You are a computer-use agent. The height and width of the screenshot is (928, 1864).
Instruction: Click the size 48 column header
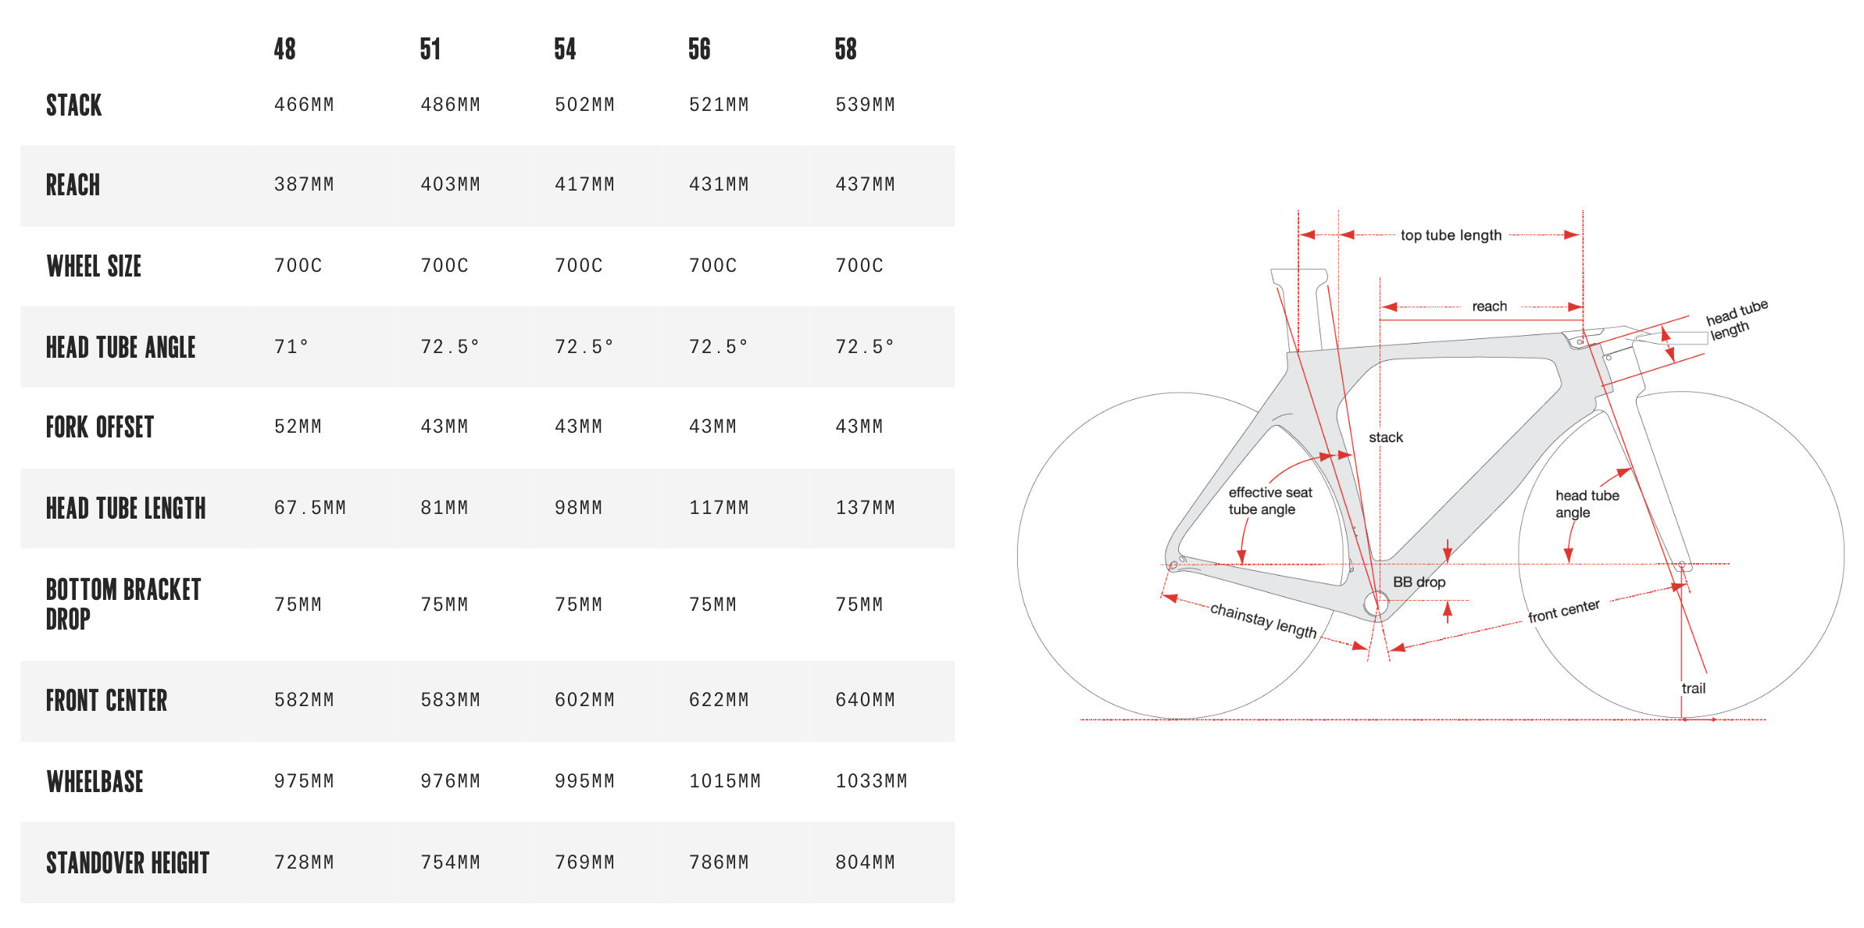coord(284,49)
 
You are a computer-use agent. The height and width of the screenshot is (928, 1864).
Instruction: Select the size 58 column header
coord(845,49)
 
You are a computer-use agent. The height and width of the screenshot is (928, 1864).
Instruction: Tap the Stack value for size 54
coord(584,105)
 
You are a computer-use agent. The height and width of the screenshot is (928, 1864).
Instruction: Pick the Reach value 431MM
coord(719,184)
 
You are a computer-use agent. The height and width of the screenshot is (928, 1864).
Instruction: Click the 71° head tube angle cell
coord(291,346)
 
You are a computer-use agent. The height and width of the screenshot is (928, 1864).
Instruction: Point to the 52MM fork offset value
coord(298,427)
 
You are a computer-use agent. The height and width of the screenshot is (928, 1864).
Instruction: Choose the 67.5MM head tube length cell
coord(309,508)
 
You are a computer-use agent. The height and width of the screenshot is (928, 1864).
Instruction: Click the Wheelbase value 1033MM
coord(871,781)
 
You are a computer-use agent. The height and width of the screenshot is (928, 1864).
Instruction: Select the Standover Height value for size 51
coord(450,862)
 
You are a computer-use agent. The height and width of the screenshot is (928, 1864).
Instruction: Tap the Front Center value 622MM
coord(719,700)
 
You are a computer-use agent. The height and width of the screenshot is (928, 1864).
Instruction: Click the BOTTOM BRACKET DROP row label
coord(123,604)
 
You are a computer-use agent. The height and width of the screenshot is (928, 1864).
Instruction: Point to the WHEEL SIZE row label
coord(94,266)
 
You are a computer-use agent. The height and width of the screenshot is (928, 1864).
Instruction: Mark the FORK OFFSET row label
coord(100,427)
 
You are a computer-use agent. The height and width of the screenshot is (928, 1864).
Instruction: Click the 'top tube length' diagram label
coord(1451,235)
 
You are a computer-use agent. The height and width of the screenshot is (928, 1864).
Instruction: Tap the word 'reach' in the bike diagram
coord(1489,306)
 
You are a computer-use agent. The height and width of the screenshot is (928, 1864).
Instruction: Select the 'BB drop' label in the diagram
coord(1419,582)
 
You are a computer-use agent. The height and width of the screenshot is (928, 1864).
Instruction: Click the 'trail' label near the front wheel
coord(1693,688)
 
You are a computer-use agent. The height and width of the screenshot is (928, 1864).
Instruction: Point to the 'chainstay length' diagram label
coord(1263,620)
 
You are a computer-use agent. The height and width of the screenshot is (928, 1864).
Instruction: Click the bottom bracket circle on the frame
coord(1377,603)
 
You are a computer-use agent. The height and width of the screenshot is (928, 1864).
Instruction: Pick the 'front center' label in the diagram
coord(1564,611)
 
